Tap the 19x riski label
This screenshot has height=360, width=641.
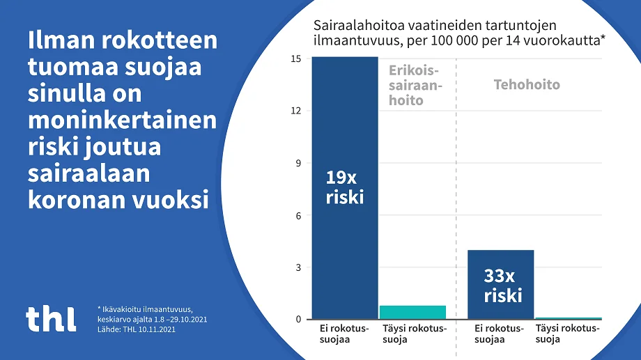tap(345, 187)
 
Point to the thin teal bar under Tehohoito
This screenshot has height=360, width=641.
tap(568, 318)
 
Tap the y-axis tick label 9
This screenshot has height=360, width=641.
tap(298, 163)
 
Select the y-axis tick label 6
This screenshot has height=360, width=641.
tap(298, 215)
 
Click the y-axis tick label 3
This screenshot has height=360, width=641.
tap(298, 267)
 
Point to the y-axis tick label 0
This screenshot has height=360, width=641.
tap(298, 320)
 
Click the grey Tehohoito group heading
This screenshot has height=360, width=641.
tap(526, 85)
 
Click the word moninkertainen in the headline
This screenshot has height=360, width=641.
tap(122, 120)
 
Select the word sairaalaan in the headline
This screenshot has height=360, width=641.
tap(89, 173)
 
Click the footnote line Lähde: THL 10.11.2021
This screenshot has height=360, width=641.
tap(137, 329)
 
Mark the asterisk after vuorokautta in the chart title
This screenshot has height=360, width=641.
tap(603, 39)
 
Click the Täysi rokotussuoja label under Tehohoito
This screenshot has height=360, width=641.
tap(566, 334)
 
